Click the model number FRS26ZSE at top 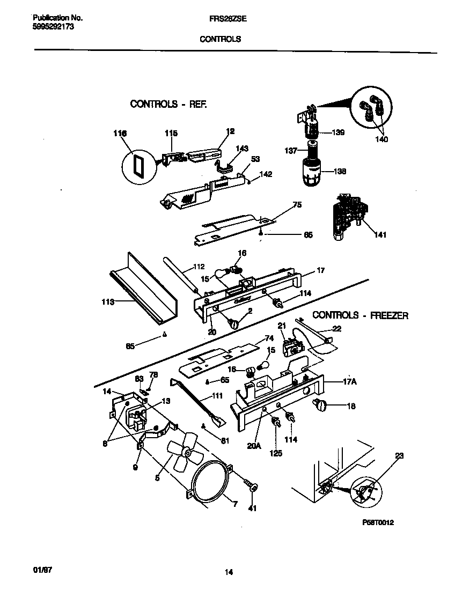coord(224,17)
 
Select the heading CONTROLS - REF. coord(168,104)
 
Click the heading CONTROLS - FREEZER coord(360,315)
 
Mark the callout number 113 coord(107,303)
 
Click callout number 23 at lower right coord(399,456)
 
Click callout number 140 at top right coord(381,139)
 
